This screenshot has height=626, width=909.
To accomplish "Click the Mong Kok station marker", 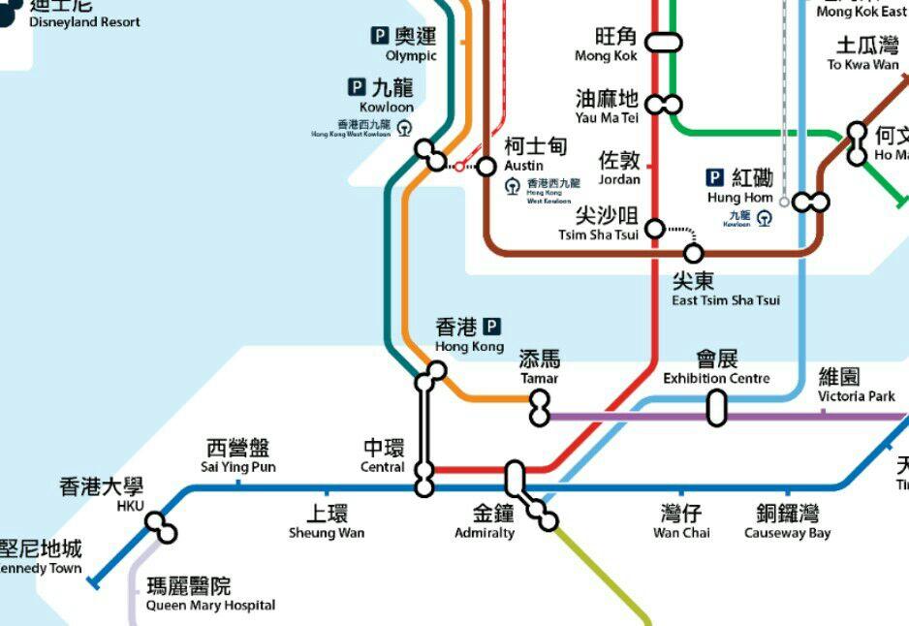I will click(x=664, y=43).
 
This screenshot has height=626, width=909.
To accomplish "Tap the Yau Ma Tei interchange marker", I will click(x=665, y=104).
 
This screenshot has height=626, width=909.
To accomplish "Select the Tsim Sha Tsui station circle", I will click(x=655, y=229).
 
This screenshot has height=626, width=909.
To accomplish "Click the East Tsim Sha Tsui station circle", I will click(x=693, y=254).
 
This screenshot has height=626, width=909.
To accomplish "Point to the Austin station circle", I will click(x=486, y=167).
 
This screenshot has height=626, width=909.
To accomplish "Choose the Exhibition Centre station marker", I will click(x=716, y=407).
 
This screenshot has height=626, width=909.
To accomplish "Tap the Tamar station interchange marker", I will click(x=540, y=408).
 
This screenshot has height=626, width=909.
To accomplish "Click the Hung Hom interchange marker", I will click(x=810, y=202).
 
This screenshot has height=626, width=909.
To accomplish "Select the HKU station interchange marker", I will click(x=162, y=528).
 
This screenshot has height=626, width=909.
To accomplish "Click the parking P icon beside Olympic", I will click(x=381, y=36).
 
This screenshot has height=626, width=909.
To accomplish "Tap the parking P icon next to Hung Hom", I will click(x=715, y=177).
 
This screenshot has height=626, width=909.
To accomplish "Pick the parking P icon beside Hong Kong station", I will click(x=492, y=327).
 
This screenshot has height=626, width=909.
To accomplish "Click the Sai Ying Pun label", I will click(x=237, y=455).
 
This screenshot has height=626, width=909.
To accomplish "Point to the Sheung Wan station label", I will click(x=326, y=520).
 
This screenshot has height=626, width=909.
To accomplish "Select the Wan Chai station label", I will click(x=681, y=520).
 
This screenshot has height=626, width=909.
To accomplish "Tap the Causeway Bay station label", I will click(x=787, y=520).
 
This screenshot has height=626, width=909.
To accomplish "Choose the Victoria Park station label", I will click(x=857, y=385).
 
